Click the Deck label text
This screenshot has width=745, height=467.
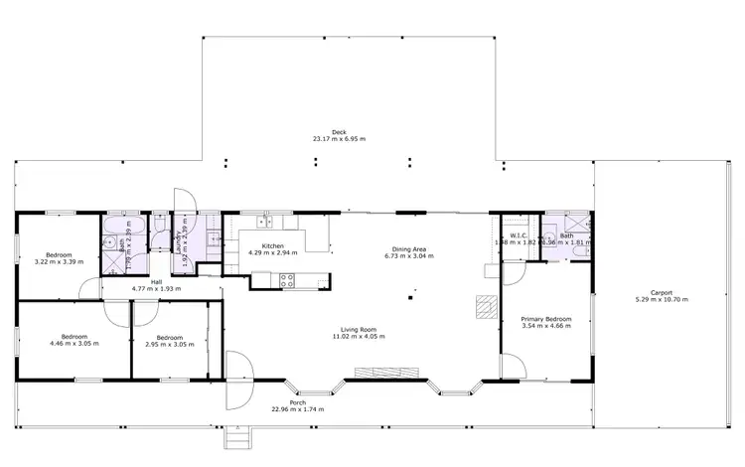click(x=339, y=131)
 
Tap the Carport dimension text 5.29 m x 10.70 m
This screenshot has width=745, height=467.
click(x=662, y=299)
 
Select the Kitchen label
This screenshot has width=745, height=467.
click(x=273, y=245)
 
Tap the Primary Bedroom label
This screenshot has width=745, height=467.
click(x=546, y=319)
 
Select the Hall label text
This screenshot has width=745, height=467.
click(x=156, y=281)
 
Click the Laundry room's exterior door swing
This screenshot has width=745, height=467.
click(x=185, y=200)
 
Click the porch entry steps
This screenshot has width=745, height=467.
click(x=235, y=435)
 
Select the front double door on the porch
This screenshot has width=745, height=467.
click(x=238, y=380)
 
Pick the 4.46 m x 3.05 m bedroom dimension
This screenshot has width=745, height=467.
click(x=75, y=342)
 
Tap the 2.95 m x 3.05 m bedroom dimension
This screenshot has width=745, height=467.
click(x=170, y=342)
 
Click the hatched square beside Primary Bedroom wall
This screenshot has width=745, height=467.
click(x=484, y=305)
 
